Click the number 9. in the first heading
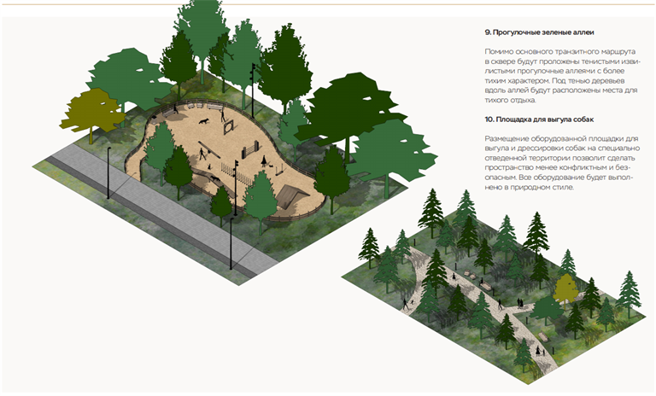[x=488, y=32]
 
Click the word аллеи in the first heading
[x=584, y=32]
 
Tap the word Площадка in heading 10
[x=512, y=119]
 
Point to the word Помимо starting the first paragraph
[x=498, y=52]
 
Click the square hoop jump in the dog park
[x=228, y=126]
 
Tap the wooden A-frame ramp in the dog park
[x=292, y=195]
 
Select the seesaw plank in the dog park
[x=209, y=149]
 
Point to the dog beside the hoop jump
[x=204, y=121]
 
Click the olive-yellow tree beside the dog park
[x=93, y=112]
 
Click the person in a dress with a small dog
[x=264, y=161]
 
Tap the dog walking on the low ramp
[x=216, y=179]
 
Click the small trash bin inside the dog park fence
[x=208, y=166]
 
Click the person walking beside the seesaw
[x=202, y=154]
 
